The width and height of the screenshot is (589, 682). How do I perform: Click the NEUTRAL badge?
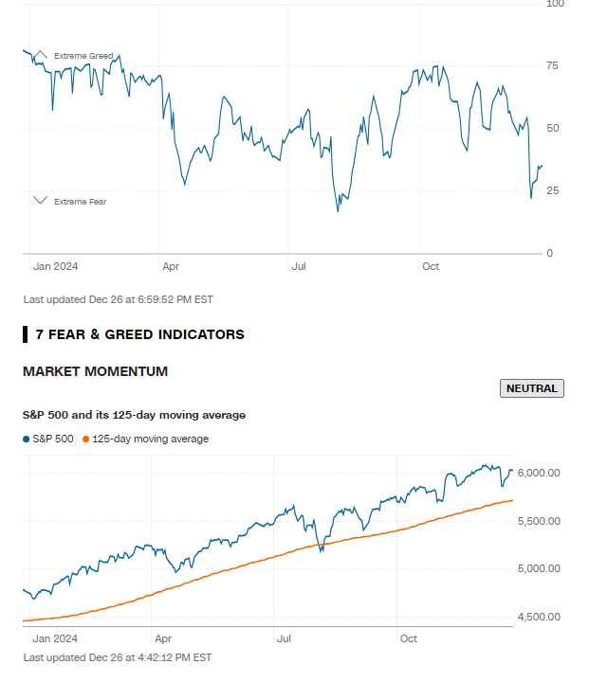point(532,388)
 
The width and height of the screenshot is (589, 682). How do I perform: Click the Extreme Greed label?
point(83,57)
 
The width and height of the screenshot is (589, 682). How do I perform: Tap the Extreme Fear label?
point(81,202)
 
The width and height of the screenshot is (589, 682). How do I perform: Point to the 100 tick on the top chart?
point(556,4)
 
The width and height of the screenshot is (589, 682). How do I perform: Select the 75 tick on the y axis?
point(552,65)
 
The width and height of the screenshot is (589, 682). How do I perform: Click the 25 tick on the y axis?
point(552,191)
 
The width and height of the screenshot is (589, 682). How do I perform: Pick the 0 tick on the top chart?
point(549,254)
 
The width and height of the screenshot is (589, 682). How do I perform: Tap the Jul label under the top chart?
point(300,267)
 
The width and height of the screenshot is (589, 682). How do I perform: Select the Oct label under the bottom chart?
point(410,638)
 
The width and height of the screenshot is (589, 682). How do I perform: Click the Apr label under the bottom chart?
point(163,638)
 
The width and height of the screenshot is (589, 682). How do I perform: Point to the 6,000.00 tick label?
point(541,473)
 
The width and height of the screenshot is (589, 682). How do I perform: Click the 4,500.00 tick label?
point(541,618)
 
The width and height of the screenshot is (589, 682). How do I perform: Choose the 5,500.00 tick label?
point(541,521)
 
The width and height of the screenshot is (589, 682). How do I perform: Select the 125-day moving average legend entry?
point(146,440)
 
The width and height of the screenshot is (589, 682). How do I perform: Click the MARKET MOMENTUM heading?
point(95,371)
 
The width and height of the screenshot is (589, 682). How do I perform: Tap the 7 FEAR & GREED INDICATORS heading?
point(139,334)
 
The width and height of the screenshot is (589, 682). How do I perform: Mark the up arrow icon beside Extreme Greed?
point(41,55)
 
